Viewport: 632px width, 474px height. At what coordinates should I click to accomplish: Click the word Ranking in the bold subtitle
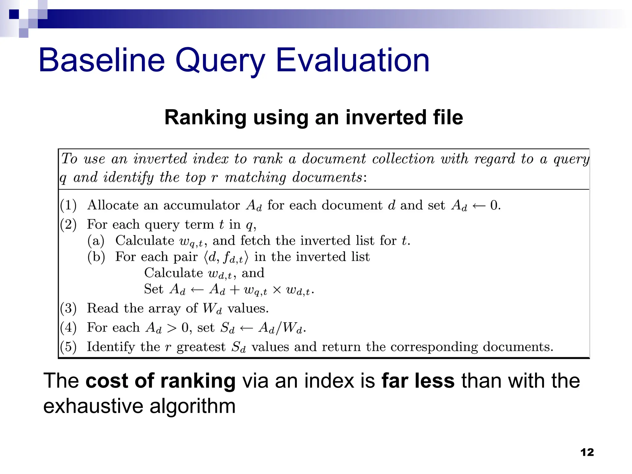[x=205, y=118]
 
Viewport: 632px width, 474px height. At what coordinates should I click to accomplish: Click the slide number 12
[x=587, y=452]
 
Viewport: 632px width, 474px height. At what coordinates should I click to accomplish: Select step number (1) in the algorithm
[x=68, y=205]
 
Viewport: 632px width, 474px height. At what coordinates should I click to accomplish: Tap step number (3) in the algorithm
[x=68, y=308]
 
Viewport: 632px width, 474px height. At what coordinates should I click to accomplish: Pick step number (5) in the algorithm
[x=68, y=347]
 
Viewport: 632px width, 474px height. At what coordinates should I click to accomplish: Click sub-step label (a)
[x=96, y=241]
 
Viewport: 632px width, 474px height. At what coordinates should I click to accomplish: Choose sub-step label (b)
[x=96, y=257]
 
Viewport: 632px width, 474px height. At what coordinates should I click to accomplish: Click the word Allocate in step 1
[x=113, y=205]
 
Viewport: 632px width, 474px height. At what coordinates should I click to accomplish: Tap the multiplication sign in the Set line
[x=277, y=290]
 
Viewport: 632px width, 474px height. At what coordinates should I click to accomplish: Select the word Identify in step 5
[x=110, y=347]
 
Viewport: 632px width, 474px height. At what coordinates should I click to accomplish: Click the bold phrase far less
[x=418, y=381]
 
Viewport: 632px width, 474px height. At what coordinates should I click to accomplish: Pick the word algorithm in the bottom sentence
[x=193, y=407]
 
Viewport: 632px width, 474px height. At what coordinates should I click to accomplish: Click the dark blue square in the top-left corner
[x=14, y=14]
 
